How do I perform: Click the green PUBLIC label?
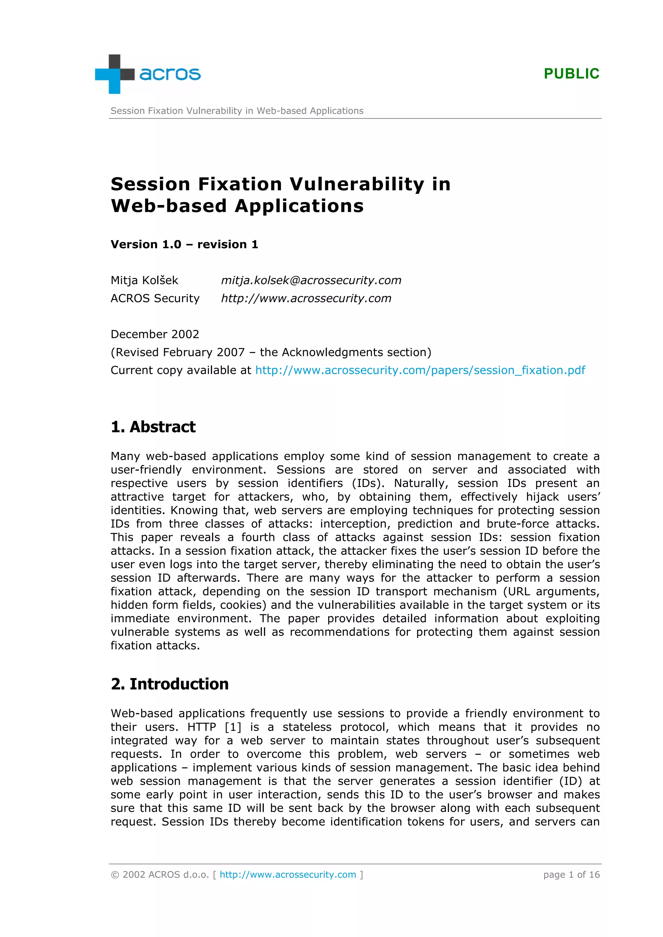click(571, 73)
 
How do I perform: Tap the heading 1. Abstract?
click(153, 427)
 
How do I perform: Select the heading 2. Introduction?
click(170, 684)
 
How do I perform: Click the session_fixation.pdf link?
click(420, 370)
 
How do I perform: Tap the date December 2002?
click(155, 334)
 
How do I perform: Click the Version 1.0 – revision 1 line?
click(184, 244)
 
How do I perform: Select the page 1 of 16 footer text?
click(571, 875)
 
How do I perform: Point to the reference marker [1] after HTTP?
click(233, 727)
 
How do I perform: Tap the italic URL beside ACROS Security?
click(306, 298)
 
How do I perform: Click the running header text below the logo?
click(237, 111)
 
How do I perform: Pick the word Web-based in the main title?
click(169, 206)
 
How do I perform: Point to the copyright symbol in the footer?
click(115, 875)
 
